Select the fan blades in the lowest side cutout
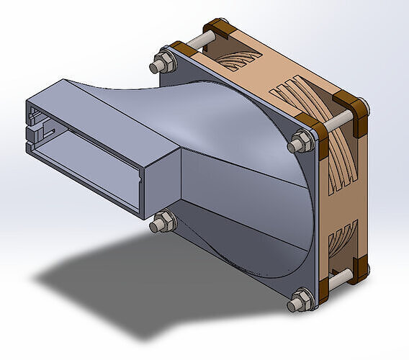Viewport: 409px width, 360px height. pos(342,241)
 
